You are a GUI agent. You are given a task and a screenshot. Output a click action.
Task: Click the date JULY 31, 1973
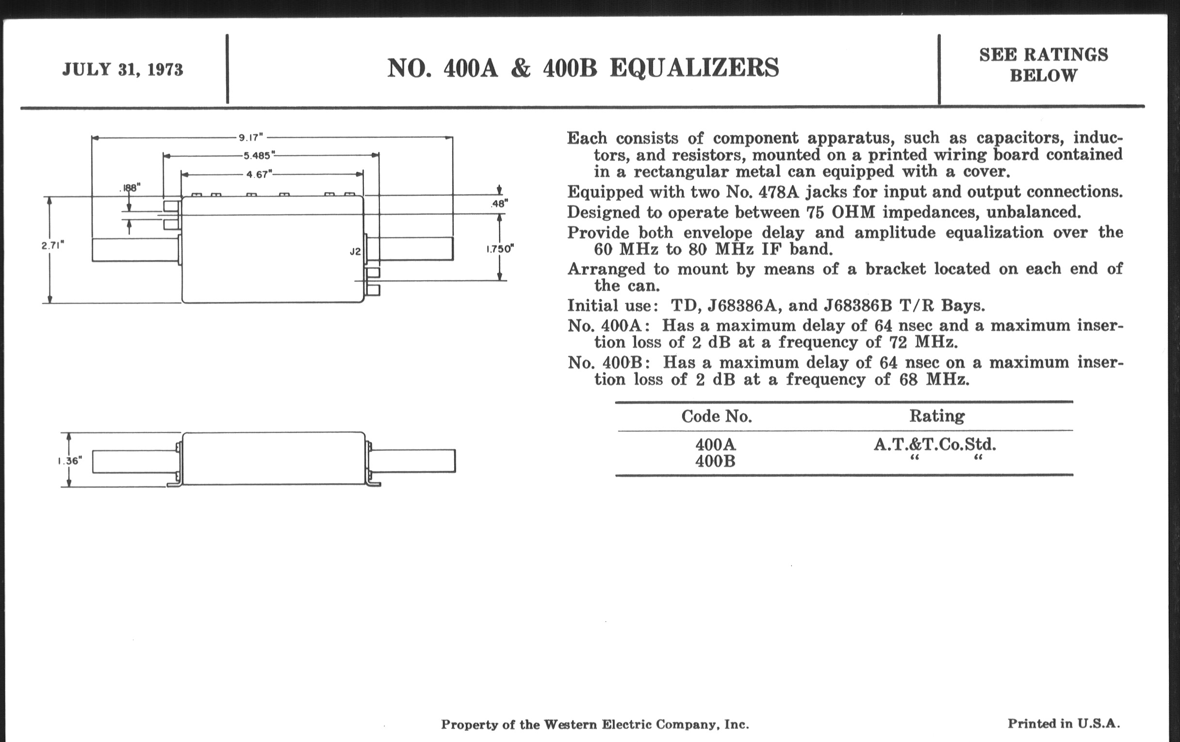pos(122,69)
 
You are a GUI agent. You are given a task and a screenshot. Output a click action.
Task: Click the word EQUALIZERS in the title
pos(694,67)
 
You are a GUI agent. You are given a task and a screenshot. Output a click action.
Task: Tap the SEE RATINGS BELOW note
pos(1043,65)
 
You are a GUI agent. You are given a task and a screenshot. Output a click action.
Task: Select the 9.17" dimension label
pos(251,138)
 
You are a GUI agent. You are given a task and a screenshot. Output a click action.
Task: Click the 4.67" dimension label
pos(259,175)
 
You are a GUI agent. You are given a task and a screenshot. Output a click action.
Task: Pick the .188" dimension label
pos(130,187)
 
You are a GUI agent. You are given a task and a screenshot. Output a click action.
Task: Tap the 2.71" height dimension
pos(52,245)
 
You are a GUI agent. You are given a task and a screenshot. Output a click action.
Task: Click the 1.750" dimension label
pos(499,249)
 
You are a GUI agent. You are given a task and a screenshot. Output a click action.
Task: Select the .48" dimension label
pos(499,204)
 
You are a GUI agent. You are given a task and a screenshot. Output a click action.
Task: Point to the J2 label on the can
pos(355,252)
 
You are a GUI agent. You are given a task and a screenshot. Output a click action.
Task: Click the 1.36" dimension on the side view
pos(69,460)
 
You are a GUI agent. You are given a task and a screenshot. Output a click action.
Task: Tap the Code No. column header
pos(717,416)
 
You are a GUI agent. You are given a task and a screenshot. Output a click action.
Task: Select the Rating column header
pos(937,416)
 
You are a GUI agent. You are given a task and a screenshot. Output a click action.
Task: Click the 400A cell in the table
pos(716,445)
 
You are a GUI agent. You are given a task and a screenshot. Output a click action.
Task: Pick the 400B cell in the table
pos(716,461)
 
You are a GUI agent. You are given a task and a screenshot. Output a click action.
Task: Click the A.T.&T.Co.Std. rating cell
pos(935,445)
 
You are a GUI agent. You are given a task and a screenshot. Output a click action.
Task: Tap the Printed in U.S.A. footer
pos(1064,724)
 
